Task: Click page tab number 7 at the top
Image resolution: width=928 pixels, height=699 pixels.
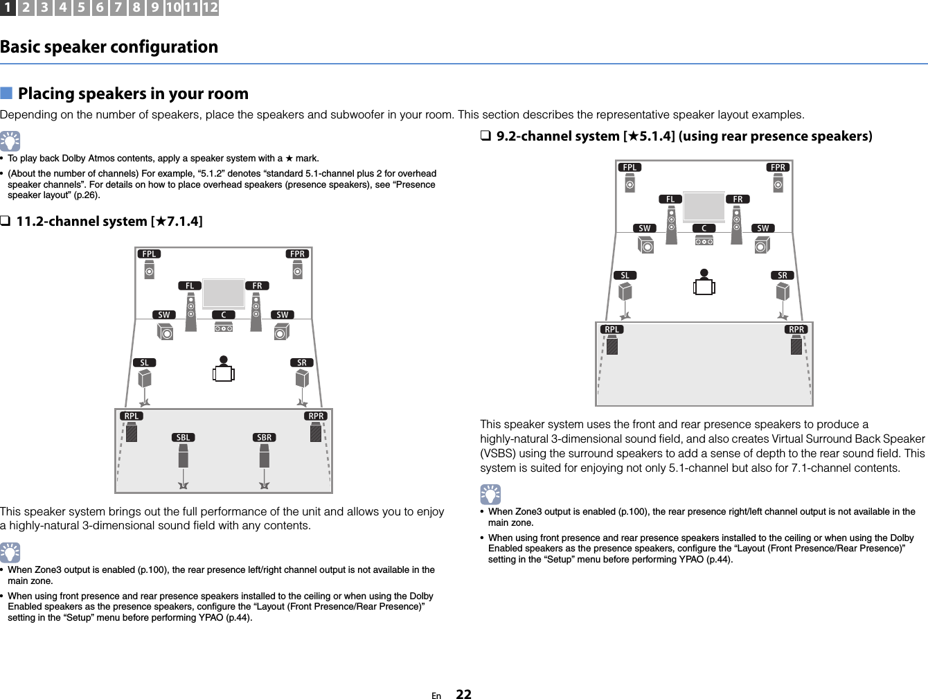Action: click(x=118, y=8)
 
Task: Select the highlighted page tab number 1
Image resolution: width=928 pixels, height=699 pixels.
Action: click(x=8, y=8)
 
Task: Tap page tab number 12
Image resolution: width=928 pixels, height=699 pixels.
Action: click(x=211, y=8)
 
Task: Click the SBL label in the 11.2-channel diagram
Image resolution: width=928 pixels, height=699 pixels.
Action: click(x=183, y=438)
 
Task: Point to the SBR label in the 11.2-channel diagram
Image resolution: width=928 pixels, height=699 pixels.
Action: click(x=265, y=438)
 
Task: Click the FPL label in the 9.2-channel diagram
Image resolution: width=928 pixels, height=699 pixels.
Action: click(x=630, y=168)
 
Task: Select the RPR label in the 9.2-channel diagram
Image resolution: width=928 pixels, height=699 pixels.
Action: click(x=796, y=330)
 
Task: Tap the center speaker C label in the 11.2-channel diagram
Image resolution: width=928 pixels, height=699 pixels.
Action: click(x=224, y=315)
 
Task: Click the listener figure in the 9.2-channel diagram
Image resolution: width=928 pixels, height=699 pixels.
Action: click(x=704, y=283)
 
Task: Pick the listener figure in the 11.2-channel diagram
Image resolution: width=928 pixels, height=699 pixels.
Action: click(x=224, y=369)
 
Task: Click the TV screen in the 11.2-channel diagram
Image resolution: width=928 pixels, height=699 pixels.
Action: click(x=223, y=293)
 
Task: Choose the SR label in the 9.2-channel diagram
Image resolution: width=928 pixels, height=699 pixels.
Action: click(x=783, y=276)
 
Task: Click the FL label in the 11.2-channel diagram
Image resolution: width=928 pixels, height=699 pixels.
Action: click(x=190, y=286)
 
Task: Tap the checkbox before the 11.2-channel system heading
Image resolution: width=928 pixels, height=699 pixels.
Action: click(x=5, y=222)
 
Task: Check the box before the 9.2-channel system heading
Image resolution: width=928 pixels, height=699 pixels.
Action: click(x=485, y=136)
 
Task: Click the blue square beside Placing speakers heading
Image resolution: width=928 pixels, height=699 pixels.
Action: click(x=6, y=94)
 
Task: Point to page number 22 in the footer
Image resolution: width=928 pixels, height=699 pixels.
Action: click(x=463, y=694)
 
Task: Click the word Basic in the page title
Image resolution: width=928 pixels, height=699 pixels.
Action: click(x=20, y=47)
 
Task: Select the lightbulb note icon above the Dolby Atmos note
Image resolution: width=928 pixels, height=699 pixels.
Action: click(x=10, y=141)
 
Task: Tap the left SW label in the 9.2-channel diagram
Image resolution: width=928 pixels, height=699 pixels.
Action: click(x=645, y=229)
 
